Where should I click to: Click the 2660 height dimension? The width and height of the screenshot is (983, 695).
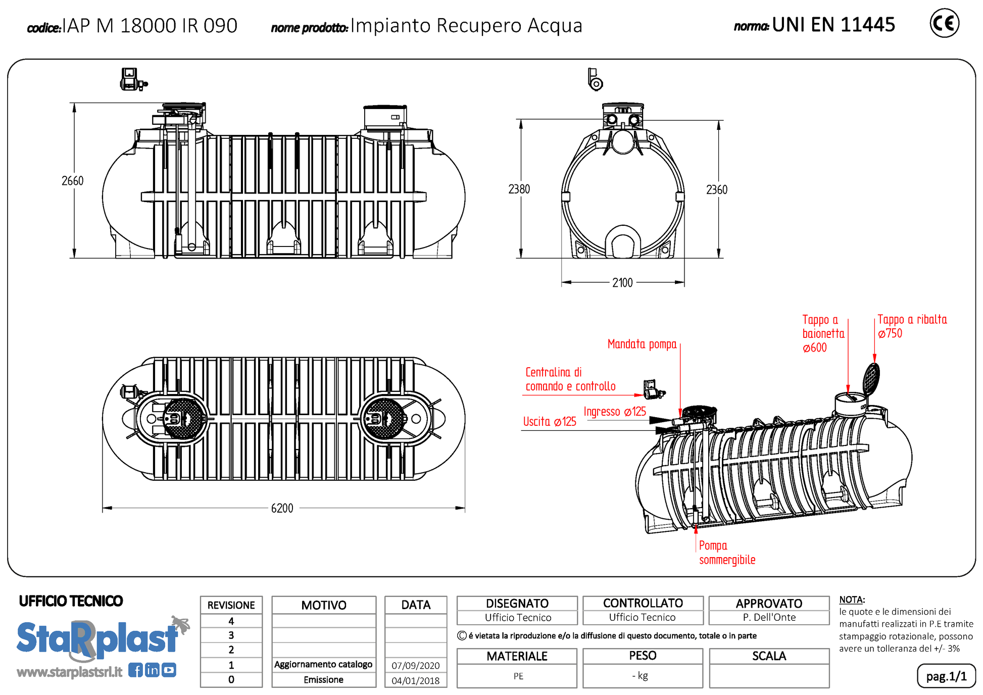pos(72,181)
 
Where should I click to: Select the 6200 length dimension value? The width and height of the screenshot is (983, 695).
pos(282,508)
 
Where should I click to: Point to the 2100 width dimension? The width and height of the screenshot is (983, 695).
pos(622,283)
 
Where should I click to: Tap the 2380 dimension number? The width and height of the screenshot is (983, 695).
pos(519,189)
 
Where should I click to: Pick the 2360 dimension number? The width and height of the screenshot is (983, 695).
pos(716,190)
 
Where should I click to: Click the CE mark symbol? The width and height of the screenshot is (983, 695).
pos(944,23)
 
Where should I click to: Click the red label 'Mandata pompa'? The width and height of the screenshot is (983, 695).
pos(642,344)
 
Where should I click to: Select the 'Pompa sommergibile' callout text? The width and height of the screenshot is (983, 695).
pos(727,553)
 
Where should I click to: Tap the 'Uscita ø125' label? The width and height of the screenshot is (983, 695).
pos(550,422)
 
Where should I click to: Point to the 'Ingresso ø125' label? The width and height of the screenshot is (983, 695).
pos(615,412)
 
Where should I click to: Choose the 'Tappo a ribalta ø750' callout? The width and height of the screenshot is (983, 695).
pos(912,326)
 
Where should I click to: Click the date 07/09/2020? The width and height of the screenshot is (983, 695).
pos(416,666)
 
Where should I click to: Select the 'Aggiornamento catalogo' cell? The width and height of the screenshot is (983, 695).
pos(323,665)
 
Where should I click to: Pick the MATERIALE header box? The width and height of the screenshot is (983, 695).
pos(517,656)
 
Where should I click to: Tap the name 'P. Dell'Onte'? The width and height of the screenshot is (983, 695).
pos(769,617)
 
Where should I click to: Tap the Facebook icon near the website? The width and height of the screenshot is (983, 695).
pos(135,670)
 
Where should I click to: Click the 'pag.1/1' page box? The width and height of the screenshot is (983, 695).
pos(946,676)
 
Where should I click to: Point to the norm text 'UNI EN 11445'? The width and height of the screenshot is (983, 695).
pos(833,24)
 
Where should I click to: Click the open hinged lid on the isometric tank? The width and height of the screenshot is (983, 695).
pos(871,378)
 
